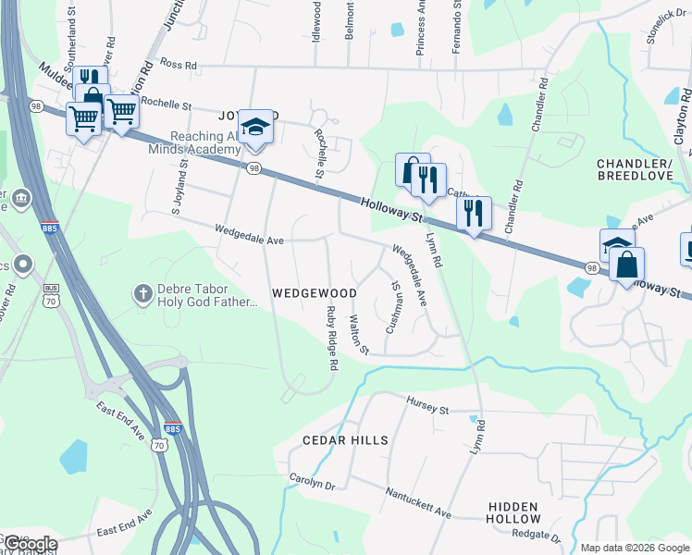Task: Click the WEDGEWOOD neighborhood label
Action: click(315, 293)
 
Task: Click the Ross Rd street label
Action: click(179, 66)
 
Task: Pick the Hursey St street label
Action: click(427, 404)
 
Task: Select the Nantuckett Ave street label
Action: click(419, 503)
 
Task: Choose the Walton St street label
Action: click(358, 335)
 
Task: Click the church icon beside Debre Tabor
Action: click(142, 293)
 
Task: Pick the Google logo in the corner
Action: click(30, 544)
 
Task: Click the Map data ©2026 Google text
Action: click(635, 548)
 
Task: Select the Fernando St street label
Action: click(456, 28)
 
